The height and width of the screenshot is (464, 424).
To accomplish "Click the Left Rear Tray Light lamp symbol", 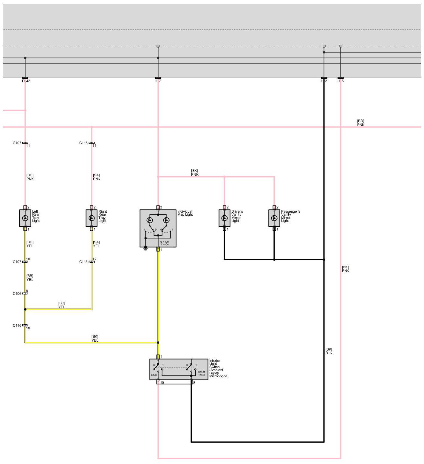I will pyautogui.click(x=25, y=218).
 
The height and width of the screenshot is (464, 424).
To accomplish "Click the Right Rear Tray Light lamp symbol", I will pyautogui.click(x=92, y=218).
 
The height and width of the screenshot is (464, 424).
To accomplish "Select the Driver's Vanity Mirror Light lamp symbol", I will pyautogui.click(x=225, y=218).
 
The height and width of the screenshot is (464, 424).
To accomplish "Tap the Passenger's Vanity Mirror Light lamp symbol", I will pyautogui.click(x=274, y=218).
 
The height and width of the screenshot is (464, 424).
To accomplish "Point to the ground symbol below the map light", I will pyautogui.click(x=146, y=249).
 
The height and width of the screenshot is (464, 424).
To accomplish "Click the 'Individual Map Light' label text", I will pyautogui.click(x=185, y=213).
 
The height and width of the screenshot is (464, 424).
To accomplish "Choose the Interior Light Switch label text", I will pyautogui.click(x=218, y=368).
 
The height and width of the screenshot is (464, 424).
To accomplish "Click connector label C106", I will pyautogui.click(x=17, y=294).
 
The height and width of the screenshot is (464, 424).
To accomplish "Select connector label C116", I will pyautogui.click(x=17, y=326).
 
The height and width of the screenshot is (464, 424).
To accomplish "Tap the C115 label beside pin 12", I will pyautogui.click(x=83, y=262).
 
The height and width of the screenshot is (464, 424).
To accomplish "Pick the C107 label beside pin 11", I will pyautogui.click(x=17, y=143).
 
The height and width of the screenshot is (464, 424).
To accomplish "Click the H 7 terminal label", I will pyautogui.click(x=158, y=81).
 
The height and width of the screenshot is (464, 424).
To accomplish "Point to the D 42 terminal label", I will pyautogui.click(x=26, y=81).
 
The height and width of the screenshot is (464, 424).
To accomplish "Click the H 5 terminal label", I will pyautogui.click(x=341, y=81).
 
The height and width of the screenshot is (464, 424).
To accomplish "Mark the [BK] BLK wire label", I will pyautogui.click(x=329, y=351).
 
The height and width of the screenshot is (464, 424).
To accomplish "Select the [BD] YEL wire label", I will pyautogui.click(x=62, y=305).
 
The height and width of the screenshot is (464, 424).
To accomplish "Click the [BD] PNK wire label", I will pyautogui.click(x=360, y=123).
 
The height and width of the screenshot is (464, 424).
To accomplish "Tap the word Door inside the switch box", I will pyautogui.click(x=154, y=375).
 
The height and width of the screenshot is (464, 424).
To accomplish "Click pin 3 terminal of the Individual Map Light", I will pyautogui.click(x=158, y=207).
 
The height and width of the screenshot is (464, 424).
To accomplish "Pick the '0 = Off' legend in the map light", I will pyautogui.click(x=165, y=242).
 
